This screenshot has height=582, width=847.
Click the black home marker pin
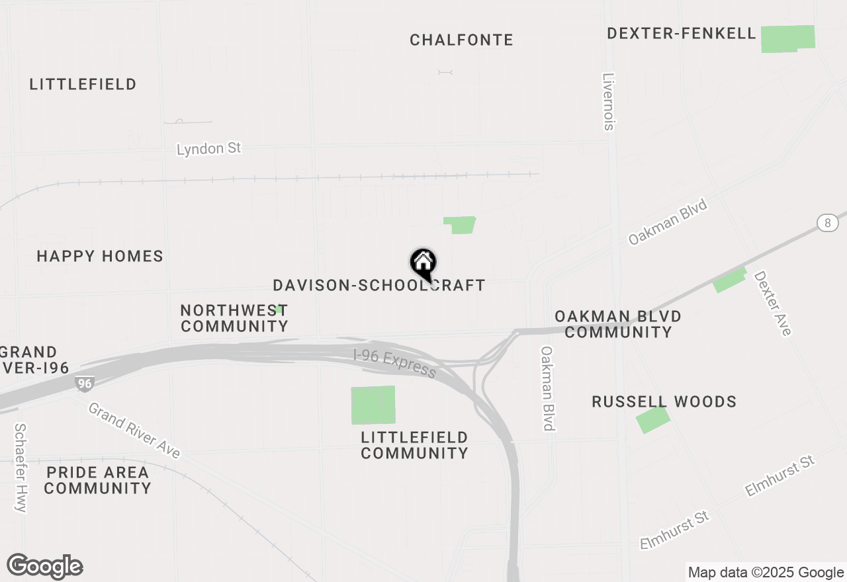click(x=423, y=264)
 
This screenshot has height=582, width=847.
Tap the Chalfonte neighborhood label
click(x=461, y=40)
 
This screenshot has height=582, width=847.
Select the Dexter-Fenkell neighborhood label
click(x=681, y=34)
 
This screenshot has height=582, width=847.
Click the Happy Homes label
click(x=100, y=257)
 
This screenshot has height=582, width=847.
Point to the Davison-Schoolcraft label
click(x=379, y=286)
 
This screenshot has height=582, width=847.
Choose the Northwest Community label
click(x=234, y=318)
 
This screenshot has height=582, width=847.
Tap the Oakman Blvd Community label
click(x=618, y=324)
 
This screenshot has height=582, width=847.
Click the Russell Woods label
click(x=664, y=402)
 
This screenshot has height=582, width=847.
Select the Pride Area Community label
click(x=98, y=481)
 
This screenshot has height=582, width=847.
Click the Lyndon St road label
click(x=208, y=148)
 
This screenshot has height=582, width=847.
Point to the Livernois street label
click(x=609, y=101)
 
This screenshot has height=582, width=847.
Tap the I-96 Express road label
click(x=394, y=363)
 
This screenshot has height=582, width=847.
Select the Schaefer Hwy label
click(x=21, y=467)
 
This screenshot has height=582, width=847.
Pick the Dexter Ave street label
click(x=772, y=303)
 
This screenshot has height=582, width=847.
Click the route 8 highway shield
click(x=827, y=223)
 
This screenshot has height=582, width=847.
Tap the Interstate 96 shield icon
click(x=84, y=384)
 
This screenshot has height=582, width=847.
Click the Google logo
click(x=45, y=567)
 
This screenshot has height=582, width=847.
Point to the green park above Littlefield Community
click(x=373, y=405)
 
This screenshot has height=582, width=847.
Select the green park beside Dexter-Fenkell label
click(x=787, y=39)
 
